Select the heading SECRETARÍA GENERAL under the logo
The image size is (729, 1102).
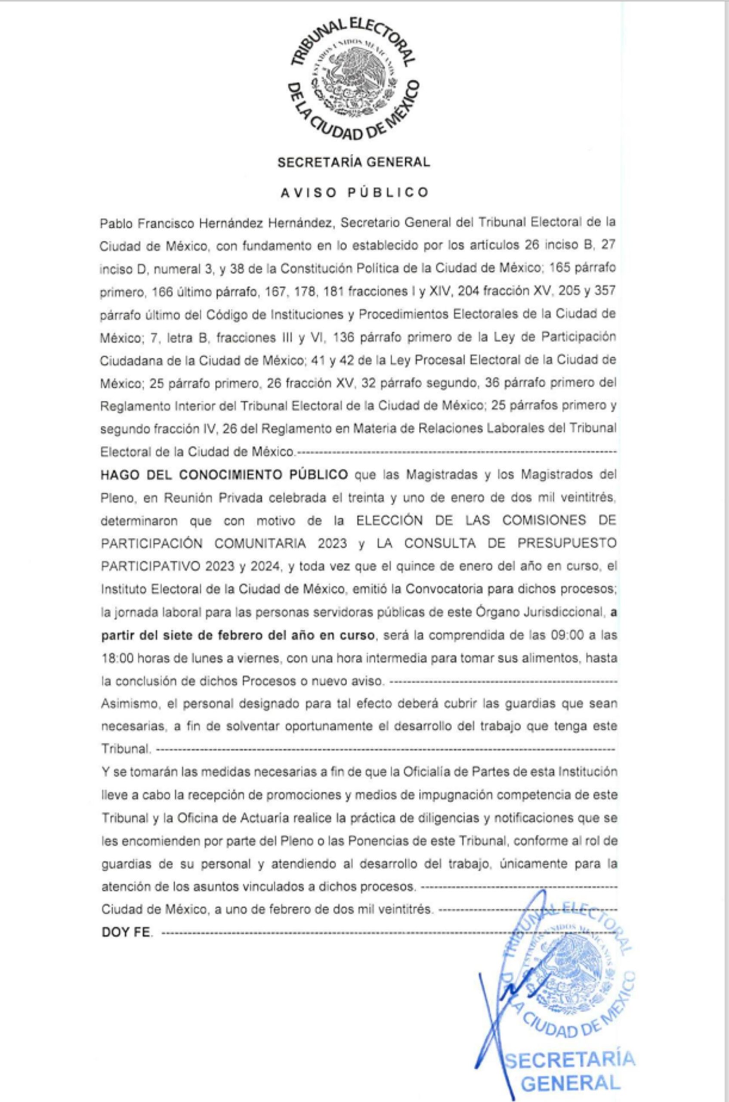[353, 162]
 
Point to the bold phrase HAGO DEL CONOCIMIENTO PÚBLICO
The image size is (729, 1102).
[224, 475]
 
